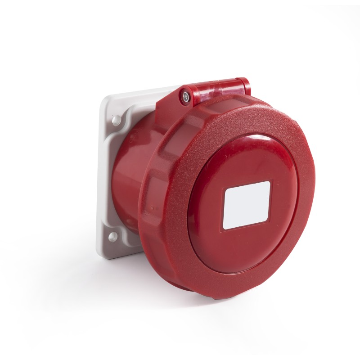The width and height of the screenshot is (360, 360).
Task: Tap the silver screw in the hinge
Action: pos(185,95)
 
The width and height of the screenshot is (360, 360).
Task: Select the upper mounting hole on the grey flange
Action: pos(116,119)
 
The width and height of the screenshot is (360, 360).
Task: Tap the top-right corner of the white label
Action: pos(269,182)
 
